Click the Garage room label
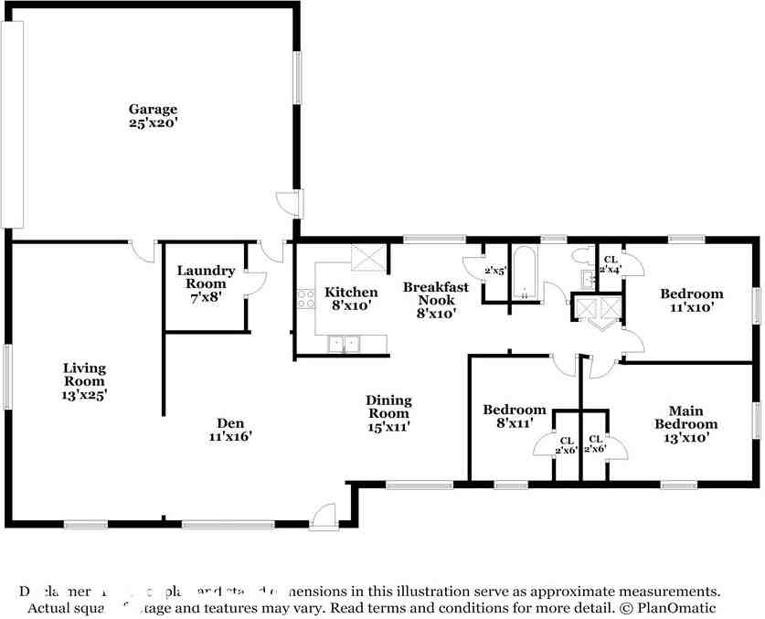[153, 115]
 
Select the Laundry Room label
[206, 277]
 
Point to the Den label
[228, 430]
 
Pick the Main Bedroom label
[692, 423]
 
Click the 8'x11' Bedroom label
[515, 416]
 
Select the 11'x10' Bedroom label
[692, 300]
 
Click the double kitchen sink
[345, 344]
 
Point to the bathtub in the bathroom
[525, 273]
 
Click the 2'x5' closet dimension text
[495, 271]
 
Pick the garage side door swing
[287, 203]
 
